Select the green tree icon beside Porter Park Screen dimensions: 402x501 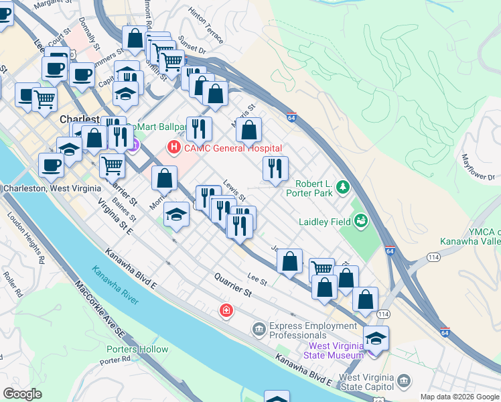click(x=344, y=186)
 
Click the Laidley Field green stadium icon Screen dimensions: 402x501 click(x=361, y=218)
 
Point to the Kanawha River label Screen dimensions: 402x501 click(x=115, y=286)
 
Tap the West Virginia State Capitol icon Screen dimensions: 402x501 click(x=403, y=381)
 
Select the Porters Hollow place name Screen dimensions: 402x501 click(x=137, y=349)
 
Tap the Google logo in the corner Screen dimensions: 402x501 click(x=22, y=394)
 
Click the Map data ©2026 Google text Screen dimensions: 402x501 click(x=459, y=397)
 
